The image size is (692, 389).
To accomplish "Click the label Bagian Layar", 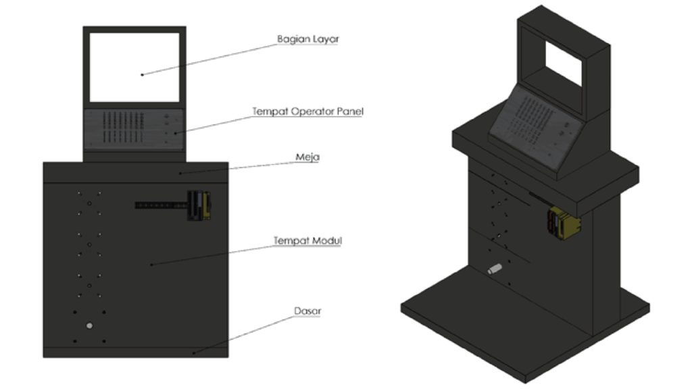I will tap(308, 39).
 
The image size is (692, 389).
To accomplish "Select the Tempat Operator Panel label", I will tap(307, 111).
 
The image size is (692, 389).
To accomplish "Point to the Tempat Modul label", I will tap(306, 240).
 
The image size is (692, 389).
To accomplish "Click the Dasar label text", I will tap(307, 311).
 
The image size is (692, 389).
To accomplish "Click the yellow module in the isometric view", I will tap(564, 224).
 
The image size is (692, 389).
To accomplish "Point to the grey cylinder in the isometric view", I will tap(495, 269).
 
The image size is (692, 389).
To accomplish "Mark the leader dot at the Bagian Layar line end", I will tap(142, 74).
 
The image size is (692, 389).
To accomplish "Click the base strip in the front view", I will tap(134, 351).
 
